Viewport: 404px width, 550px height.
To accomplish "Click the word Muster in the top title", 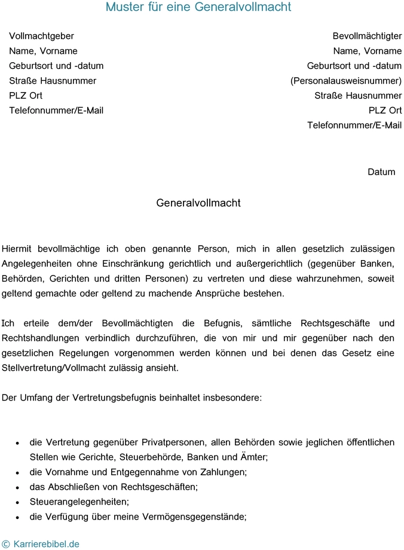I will pyautogui.click(x=125, y=7).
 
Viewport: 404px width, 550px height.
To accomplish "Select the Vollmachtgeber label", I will pyautogui.click(x=41, y=36).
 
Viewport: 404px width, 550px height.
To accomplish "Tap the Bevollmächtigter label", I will pyautogui.click(x=367, y=36).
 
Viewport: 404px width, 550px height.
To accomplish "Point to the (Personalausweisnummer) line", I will pyautogui.click(x=346, y=81).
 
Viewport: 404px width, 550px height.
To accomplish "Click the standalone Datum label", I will pyautogui.click(x=381, y=172).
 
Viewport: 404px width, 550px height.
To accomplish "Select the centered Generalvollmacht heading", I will pyautogui.click(x=198, y=203).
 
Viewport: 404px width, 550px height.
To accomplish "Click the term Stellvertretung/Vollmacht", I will pyautogui.click(x=60, y=368).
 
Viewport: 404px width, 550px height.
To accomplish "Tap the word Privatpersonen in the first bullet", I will pyautogui.click(x=172, y=442).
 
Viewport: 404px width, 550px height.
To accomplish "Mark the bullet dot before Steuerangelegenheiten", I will pyautogui.click(x=17, y=503).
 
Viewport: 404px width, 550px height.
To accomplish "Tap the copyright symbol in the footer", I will pyautogui.click(x=6, y=544).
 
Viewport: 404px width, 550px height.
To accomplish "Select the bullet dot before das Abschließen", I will pyautogui.click(x=17, y=488).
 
